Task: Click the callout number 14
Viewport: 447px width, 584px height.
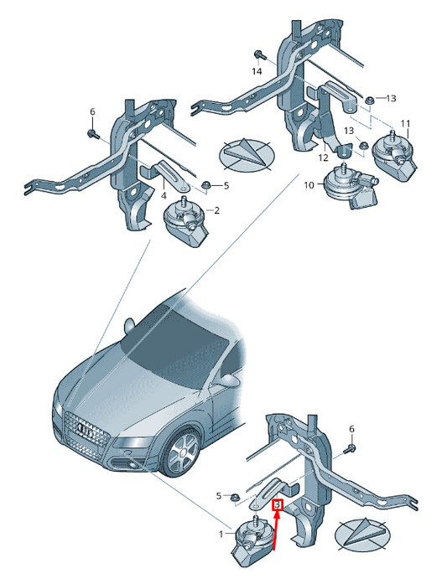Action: coord(257,71)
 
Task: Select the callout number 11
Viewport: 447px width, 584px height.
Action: coord(406,124)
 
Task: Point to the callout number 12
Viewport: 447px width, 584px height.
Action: coord(324,158)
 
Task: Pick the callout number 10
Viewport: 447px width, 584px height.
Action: coord(309,184)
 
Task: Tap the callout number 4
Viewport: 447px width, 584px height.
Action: coord(164,195)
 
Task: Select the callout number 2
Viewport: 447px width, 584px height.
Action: coord(217,211)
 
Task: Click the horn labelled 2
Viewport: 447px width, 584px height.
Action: coord(185,223)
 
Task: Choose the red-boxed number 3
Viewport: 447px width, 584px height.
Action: coord(278,505)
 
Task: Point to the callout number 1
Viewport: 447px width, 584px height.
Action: coord(221,535)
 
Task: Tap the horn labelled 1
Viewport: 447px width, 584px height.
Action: coord(251,541)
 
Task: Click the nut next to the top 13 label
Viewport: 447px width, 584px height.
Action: coord(370,100)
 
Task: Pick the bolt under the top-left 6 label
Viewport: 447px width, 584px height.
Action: coord(92,134)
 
